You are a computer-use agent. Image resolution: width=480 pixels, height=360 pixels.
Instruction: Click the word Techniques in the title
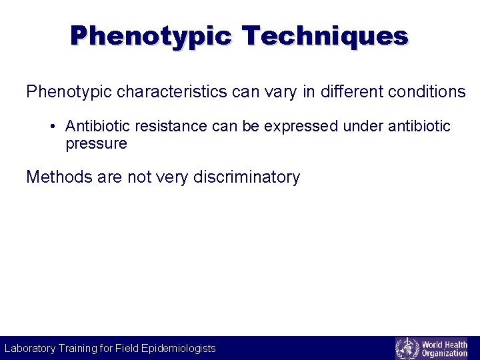325,35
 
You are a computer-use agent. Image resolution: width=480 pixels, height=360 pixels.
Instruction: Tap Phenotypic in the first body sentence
69,91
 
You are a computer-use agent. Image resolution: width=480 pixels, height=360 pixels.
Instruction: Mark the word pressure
96,143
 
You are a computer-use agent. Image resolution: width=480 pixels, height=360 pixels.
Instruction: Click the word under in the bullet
364,127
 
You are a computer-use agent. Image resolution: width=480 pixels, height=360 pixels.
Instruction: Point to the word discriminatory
247,177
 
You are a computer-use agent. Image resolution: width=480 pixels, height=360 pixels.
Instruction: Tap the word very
173,177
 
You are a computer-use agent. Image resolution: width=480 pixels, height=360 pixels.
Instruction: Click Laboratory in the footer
30,348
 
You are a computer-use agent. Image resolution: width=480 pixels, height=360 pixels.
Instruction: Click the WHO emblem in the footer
407,348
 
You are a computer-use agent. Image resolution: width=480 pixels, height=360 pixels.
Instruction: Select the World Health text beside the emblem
445,344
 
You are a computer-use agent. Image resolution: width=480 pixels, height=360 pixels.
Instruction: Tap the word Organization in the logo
445,353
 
